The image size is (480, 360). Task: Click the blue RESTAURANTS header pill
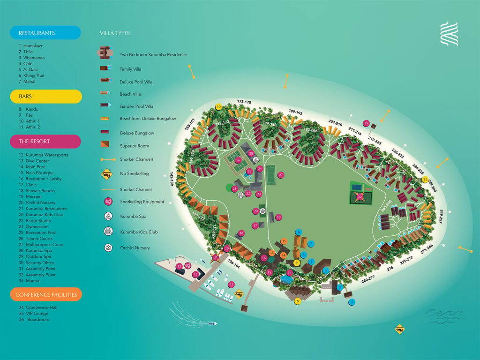(45, 33)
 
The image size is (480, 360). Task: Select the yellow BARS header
(45, 97)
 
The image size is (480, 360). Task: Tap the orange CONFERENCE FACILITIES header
(45, 294)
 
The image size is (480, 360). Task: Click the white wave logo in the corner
(449, 34)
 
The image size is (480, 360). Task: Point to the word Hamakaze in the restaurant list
(36, 46)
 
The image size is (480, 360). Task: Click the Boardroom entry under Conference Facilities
(38, 320)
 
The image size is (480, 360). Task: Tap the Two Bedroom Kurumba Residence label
(153, 55)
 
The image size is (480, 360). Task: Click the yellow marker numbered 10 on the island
(218, 107)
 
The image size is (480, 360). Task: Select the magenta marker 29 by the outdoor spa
(367, 124)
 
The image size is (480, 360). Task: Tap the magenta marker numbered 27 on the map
(281, 175)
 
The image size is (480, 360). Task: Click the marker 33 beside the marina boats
(231, 285)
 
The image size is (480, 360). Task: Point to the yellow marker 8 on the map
(297, 301)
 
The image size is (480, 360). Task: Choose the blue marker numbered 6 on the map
(298, 232)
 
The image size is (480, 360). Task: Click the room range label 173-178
(244, 102)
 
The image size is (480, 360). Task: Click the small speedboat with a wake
(212, 323)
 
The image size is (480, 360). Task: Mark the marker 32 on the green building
(360, 197)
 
